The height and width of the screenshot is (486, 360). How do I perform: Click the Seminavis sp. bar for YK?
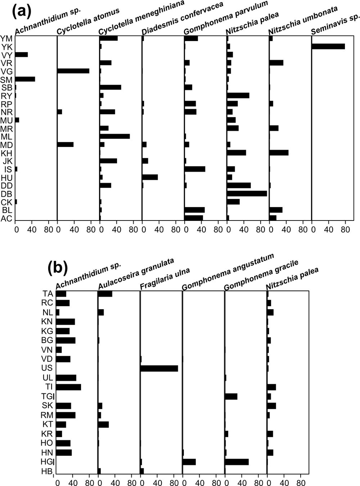328,46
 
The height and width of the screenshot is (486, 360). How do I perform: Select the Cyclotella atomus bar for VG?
73,71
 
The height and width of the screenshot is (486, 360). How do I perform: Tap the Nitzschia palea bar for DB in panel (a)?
247,193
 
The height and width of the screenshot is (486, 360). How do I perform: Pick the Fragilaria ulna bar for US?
159,368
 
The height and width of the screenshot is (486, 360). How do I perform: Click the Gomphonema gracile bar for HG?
237,462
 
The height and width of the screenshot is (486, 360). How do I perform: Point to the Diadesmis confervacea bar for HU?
150,177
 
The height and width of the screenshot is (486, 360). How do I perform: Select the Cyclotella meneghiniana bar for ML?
115,136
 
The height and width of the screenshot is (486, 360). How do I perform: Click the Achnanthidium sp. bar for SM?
25,79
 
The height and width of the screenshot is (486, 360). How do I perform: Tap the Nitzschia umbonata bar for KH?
279,152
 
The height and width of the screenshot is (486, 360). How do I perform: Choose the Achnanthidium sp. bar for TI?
68,387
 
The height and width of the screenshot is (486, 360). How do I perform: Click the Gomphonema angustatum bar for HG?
189,462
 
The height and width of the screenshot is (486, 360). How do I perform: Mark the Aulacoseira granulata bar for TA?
105,294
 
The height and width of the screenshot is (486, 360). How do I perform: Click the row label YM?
6,38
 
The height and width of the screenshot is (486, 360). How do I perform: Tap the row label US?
47,368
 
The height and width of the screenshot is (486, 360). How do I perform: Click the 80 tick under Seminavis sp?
345,228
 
